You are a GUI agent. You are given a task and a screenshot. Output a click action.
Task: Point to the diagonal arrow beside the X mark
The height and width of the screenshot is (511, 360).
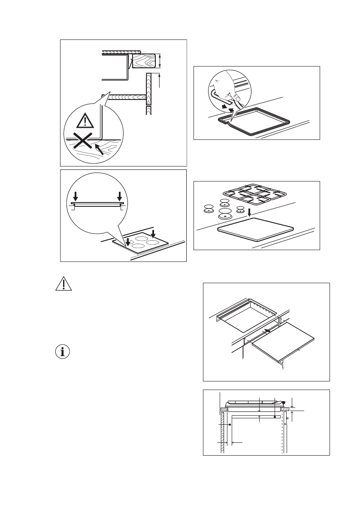100,150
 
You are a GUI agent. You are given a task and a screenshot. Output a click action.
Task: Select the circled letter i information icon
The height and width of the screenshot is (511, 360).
63,352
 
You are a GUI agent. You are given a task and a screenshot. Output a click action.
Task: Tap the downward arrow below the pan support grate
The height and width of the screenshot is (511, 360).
250,213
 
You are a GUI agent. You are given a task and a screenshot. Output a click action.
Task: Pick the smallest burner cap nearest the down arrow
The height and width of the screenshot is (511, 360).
240,210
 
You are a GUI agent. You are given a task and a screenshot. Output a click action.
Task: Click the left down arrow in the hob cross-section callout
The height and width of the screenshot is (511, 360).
76,196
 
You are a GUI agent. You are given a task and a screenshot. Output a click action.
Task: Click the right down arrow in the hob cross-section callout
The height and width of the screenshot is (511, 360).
120,196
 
